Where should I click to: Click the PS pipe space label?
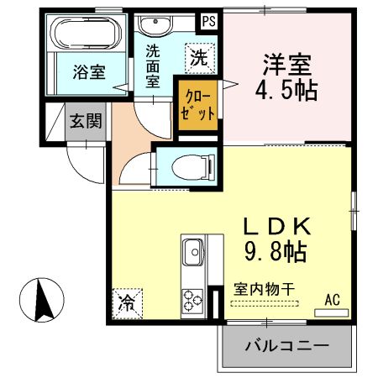coord(209,21)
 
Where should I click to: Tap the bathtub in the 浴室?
coord(87,33)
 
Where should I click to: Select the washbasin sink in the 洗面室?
coord(155,25)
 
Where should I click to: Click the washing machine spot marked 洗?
coord(200,59)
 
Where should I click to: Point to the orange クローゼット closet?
coord(198,105)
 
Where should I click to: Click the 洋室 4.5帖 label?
coord(286,77)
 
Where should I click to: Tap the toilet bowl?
coord(193,168)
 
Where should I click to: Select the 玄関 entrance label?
coord(86,121)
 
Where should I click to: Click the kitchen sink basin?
coord(193,252)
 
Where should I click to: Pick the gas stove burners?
coord(192,301)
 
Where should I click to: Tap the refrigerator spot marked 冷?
coord(128,304)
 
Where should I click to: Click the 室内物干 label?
coord(264,289)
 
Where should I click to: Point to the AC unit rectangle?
coord(332,312)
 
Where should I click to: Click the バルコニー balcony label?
coord(287,346)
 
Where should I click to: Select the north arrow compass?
coord(42,300)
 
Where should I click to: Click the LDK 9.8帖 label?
coord(277,239)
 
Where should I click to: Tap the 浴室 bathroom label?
coord(89,72)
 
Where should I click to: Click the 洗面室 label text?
coord(153,66)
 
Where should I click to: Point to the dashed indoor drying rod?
coord(265,303)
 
